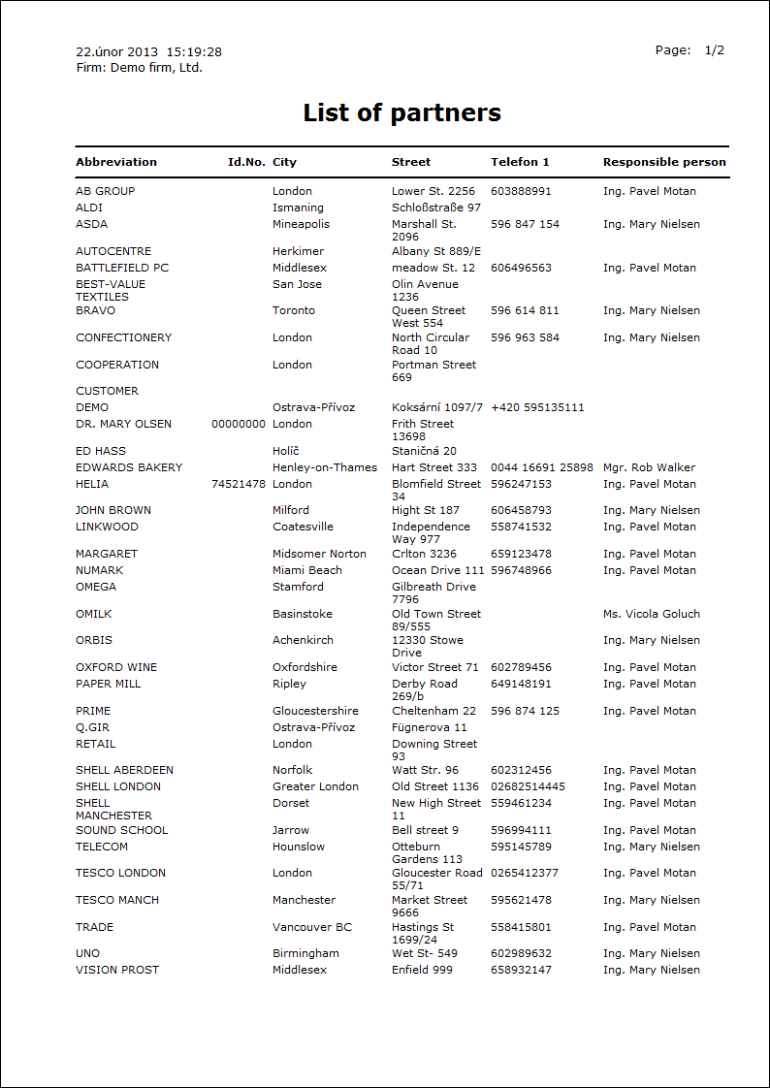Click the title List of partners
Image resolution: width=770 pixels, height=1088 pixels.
tap(401, 113)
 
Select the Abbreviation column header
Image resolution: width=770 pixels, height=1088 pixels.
tap(116, 162)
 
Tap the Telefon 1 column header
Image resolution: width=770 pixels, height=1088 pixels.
tap(520, 162)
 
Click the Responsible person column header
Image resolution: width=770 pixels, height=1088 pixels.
tap(664, 162)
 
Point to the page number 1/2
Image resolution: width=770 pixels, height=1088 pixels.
tap(715, 50)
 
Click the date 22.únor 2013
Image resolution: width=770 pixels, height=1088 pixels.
tap(117, 51)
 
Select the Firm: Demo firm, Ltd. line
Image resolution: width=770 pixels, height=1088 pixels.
tap(139, 68)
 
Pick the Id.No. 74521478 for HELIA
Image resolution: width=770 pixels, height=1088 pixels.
tap(238, 484)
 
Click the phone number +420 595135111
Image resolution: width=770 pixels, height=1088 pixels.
tap(537, 407)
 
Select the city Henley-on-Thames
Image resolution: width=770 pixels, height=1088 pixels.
tap(325, 467)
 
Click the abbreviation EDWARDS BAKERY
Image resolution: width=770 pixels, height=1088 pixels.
tap(129, 467)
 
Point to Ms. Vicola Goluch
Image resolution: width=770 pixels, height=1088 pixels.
tap(651, 614)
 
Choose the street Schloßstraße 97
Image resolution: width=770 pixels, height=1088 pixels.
tap(436, 208)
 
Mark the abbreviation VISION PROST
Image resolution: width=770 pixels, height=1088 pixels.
tap(117, 970)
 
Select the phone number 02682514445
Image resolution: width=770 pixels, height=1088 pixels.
tap(528, 786)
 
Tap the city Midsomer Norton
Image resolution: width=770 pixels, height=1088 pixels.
tap(319, 554)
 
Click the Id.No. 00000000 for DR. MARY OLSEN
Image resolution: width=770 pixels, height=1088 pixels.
tap(238, 424)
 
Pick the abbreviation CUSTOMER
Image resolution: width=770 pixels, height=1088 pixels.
tap(107, 391)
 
